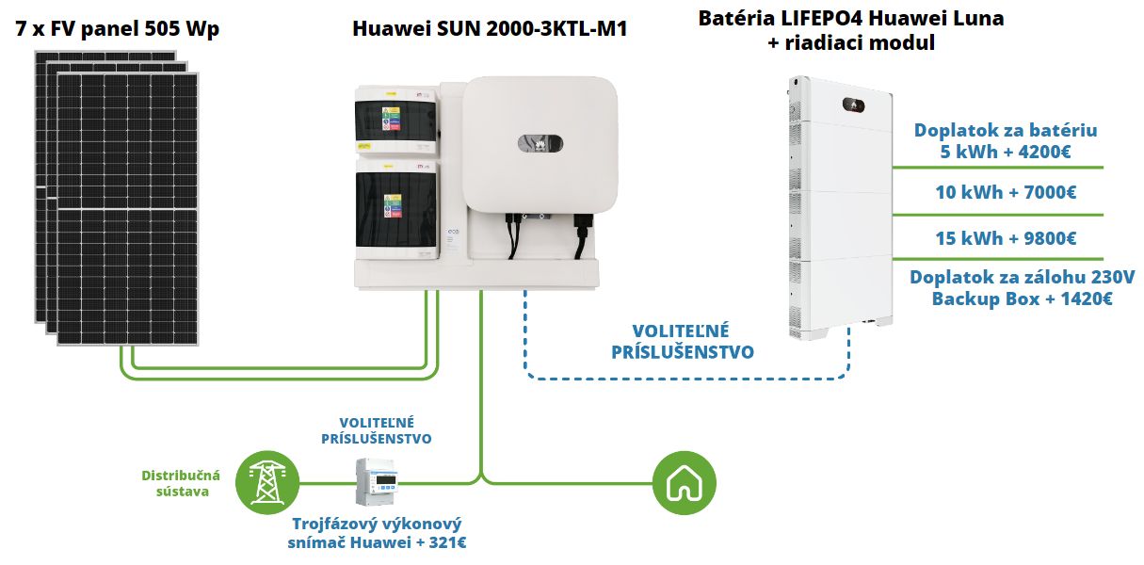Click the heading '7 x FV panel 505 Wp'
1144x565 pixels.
pyautogui.click(x=118, y=28)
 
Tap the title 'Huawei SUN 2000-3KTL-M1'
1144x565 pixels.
pyautogui.click(x=490, y=28)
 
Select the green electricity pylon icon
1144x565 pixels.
pyautogui.click(x=267, y=483)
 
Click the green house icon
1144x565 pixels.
pyautogui.click(x=685, y=483)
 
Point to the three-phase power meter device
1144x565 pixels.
pyautogui.click(x=377, y=481)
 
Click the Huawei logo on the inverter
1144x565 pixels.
pyautogui.click(x=540, y=143)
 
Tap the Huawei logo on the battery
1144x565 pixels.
pyautogui.click(x=853, y=105)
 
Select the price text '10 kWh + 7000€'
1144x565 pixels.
pyautogui.click(x=1006, y=193)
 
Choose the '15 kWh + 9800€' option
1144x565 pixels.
pyautogui.click(x=1006, y=238)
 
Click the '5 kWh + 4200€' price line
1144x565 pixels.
pyautogui.click(x=1006, y=152)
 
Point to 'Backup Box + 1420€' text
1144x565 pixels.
pyautogui.click(x=1022, y=299)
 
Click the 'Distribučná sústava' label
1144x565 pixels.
pyautogui.click(x=181, y=483)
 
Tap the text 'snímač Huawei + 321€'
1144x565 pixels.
pyautogui.click(x=377, y=542)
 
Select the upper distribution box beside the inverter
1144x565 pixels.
pyautogui.click(x=396, y=121)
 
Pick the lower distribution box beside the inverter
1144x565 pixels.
pyautogui.click(x=396, y=209)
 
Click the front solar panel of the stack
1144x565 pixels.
pyautogui.click(x=127, y=209)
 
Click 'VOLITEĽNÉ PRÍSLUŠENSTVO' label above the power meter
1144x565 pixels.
pyautogui.click(x=377, y=430)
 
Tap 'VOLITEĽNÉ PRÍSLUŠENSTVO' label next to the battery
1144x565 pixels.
pyautogui.click(x=683, y=342)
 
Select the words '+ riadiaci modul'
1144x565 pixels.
pyautogui.click(x=851, y=43)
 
